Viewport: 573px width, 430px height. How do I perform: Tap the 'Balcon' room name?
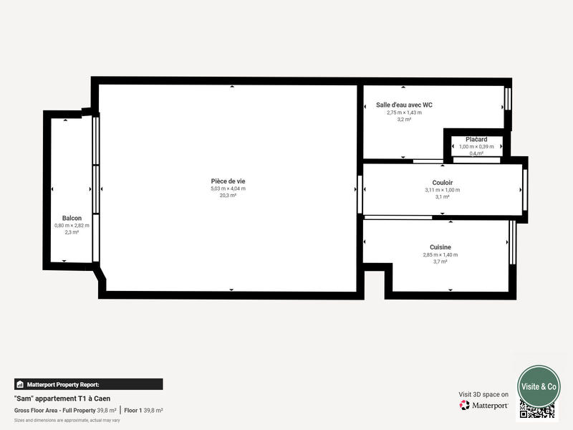tap(72, 218)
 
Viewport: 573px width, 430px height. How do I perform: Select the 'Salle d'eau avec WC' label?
tap(404, 105)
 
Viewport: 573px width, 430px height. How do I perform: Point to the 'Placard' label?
tap(476, 139)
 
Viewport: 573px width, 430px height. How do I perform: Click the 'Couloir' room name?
tap(442, 183)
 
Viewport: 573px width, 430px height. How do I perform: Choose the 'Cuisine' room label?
tap(440, 247)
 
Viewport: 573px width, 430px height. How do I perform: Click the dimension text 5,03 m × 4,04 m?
tap(227, 188)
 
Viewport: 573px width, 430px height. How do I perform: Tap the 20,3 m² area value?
tap(227, 195)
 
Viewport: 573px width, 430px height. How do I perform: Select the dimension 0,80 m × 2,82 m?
tap(72, 225)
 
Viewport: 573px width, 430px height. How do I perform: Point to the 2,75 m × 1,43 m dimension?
tap(404, 113)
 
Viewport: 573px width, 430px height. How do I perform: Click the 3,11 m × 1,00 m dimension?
tap(442, 190)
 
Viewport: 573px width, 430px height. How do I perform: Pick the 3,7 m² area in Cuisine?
tap(440, 262)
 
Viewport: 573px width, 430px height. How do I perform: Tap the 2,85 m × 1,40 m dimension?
tap(440, 254)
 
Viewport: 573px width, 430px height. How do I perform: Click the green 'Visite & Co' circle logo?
tap(539, 386)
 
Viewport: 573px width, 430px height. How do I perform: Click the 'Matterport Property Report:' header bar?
tap(88, 384)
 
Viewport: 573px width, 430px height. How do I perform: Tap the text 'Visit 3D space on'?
tap(483, 394)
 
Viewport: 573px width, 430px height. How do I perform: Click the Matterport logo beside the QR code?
tap(484, 405)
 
